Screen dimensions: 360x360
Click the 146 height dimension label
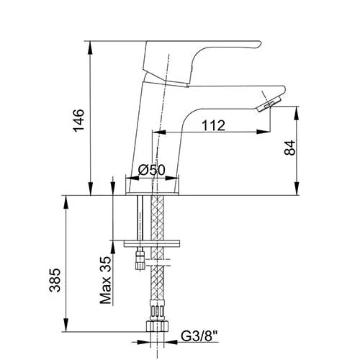point(79,120)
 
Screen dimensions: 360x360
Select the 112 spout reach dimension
point(213,125)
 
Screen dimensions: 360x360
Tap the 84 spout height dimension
point(290,148)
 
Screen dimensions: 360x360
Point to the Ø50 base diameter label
point(152,170)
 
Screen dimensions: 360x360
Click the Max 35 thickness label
point(106,280)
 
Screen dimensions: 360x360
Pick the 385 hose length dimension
point(55,280)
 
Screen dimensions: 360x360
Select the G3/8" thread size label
point(199,336)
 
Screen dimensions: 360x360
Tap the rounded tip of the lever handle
point(258,45)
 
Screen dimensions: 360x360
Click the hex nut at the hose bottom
point(157,326)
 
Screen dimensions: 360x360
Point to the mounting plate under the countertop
point(152,243)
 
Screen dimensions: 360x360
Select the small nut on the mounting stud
point(140,261)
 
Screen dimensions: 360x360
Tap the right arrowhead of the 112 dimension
point(264,132)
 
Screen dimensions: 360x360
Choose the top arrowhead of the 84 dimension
point(297,113)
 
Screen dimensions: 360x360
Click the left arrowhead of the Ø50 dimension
point(132,178)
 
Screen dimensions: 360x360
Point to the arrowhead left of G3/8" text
point(170,342)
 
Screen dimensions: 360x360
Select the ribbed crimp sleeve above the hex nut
point(157,310)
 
